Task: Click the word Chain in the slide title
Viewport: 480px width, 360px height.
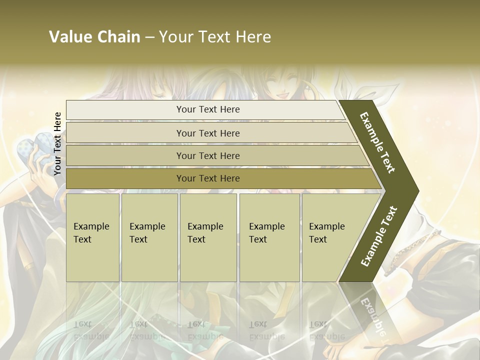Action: point(119,37)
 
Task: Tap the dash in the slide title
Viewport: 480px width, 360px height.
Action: point(149,37)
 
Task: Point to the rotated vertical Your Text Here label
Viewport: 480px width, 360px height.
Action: point(57,144)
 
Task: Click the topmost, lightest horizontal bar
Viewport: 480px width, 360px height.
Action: point(207,110)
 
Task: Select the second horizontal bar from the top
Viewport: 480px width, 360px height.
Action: point(207,133)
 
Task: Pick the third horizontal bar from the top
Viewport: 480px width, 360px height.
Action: point(207,156)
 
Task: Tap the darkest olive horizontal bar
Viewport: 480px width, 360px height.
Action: point(207,178)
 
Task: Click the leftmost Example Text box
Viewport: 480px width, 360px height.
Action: point(92,237)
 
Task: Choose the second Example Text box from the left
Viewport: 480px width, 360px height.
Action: point(149,237)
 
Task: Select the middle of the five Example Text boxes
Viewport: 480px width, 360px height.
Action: point(208,237)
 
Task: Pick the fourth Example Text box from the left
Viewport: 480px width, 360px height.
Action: point(269,237)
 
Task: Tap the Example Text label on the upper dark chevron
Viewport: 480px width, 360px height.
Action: point(378,142)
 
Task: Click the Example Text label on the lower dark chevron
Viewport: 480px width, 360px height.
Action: point(379,236)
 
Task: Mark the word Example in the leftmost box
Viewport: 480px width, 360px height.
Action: point(91,226)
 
